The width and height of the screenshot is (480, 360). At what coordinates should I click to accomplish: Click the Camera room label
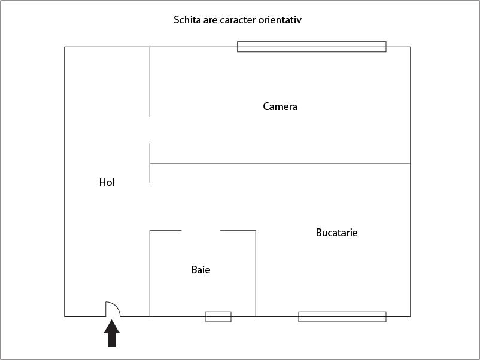(280, 106)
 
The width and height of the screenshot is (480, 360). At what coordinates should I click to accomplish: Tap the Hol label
(107, 182)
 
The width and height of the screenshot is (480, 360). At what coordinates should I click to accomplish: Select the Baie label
(200, 270)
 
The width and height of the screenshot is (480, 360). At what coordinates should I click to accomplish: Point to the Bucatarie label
(336, 233)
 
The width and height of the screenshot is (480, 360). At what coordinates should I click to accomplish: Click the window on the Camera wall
(311, 47)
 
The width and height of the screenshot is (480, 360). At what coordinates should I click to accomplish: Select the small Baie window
(218, 316)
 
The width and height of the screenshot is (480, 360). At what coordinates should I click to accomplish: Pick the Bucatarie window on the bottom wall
(342, 316)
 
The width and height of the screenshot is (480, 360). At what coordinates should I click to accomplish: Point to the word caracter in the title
(238, 20)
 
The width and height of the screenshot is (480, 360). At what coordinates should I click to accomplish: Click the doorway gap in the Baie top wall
(201, 230)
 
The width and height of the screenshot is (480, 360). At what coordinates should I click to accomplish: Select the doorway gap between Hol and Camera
(150, 130)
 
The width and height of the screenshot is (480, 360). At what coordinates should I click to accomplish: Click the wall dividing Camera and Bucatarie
(280, 163)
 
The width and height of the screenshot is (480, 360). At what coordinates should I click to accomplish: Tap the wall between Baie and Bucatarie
(256, 273)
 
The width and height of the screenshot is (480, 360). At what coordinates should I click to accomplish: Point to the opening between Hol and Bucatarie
(150, 206)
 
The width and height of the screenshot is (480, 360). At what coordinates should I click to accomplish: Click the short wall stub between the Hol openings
(150, 162)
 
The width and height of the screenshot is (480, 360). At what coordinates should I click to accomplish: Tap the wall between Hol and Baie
(150, 273)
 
